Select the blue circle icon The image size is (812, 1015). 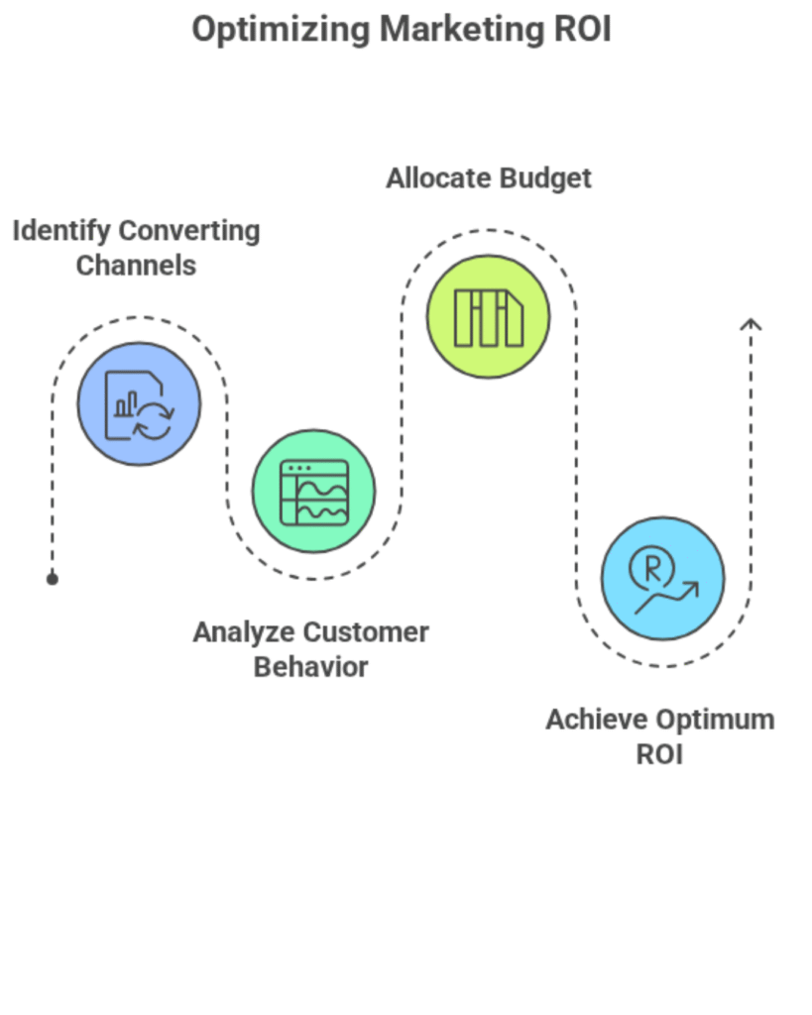(139, 403)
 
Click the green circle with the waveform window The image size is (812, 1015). (313, 491)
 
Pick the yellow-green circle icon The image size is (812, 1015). (488, 316)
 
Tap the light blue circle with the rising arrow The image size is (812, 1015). (662, 578)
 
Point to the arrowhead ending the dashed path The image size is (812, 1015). (751, 323)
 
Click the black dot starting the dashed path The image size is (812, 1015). (53, 578)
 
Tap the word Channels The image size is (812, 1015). (136, 266)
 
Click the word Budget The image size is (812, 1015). (544, 178)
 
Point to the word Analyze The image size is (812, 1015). (243, 632)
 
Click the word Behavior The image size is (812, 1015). (310, 667)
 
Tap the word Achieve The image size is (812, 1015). (597, 720)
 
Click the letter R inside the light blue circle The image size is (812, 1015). (653, 568)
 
